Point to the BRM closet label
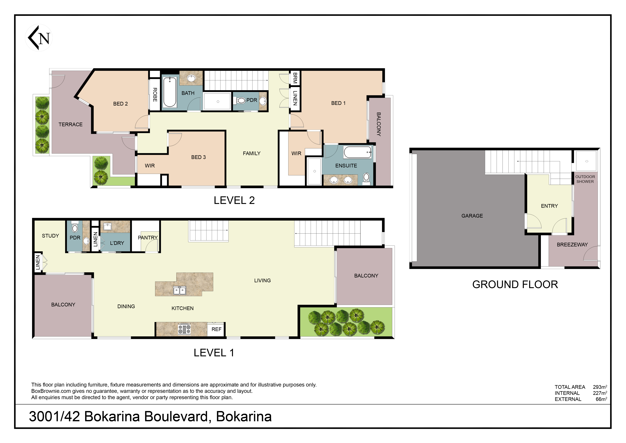(x=295, y=78)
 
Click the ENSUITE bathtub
(x=357, y=152)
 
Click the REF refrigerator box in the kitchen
(x=216, y=329)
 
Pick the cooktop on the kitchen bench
(x=184, y=329)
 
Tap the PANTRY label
(x=147, y=238)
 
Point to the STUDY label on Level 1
(x=50, y=236)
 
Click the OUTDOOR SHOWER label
(x=585, y=179)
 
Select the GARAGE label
(x=472, y=216)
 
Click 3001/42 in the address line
(x=54, y=417)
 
